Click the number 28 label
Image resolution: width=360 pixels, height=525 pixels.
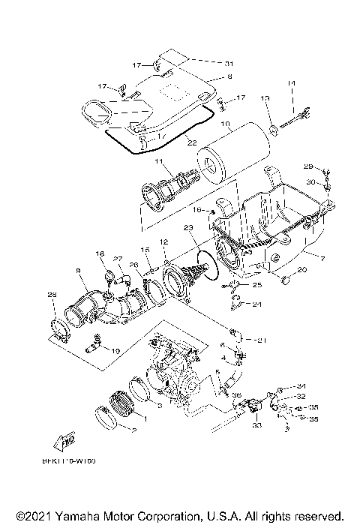[52, 295]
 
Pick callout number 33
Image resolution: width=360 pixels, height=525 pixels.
[256, 426]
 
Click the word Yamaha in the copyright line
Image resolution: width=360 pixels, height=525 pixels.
[77, 516]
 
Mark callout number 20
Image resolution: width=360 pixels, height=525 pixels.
[303, 270]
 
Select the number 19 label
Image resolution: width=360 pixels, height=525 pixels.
[115, 350]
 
